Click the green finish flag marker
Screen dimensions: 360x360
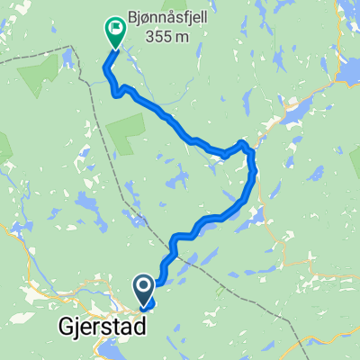pos(116,31)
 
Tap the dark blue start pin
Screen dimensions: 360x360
pos(144,288)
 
